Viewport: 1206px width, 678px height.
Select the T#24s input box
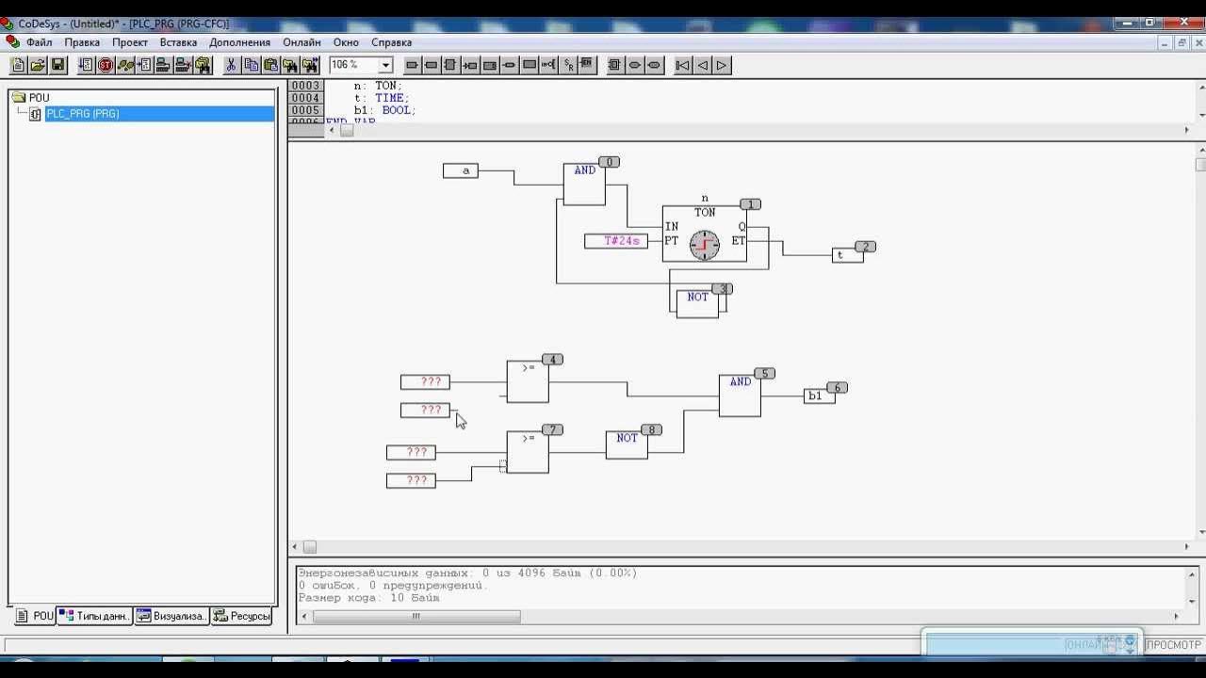click(x=616, y=241)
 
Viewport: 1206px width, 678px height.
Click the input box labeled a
click(x=461, y=170)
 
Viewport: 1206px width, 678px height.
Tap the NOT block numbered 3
click(x=697, y=302)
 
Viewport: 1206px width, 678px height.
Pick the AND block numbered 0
click(x=584, y=184)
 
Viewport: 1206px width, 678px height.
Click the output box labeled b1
click(x=819, y=395)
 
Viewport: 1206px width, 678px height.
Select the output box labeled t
click(x=846, y=255)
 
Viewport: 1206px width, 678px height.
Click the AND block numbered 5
click(x=740, y=395)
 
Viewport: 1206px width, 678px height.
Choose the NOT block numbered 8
click(x=627, y=444)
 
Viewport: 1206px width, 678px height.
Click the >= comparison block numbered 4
click(x=528, y=381)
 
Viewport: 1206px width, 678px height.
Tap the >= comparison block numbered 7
click(x=528, y=452)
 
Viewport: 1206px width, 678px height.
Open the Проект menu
click(x=130, y=42)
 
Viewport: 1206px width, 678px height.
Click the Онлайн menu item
click(x=301, y=42)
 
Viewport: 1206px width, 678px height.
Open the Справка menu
click(x=391, y=42)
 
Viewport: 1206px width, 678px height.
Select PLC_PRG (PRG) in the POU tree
click(x=82, y=114)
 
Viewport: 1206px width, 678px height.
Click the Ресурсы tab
click(x=243, y=616)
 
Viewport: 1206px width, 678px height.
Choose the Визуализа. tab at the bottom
click(x=171, y=616)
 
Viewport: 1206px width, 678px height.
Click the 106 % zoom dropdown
click(x=361, y=65)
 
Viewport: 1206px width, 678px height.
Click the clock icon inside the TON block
click(x=705, y=245)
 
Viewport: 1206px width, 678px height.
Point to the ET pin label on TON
click(x=739, y=241)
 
